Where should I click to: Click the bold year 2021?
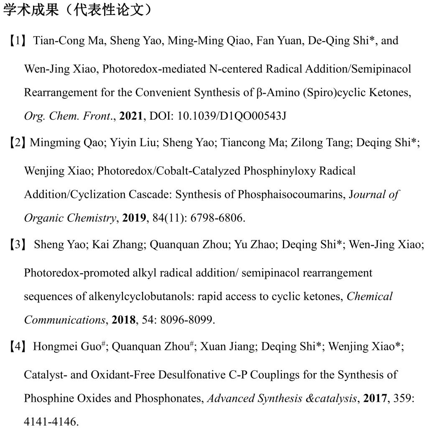131,116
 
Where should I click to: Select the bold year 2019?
135,218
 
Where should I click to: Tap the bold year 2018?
123,320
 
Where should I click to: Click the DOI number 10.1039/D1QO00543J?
232,116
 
